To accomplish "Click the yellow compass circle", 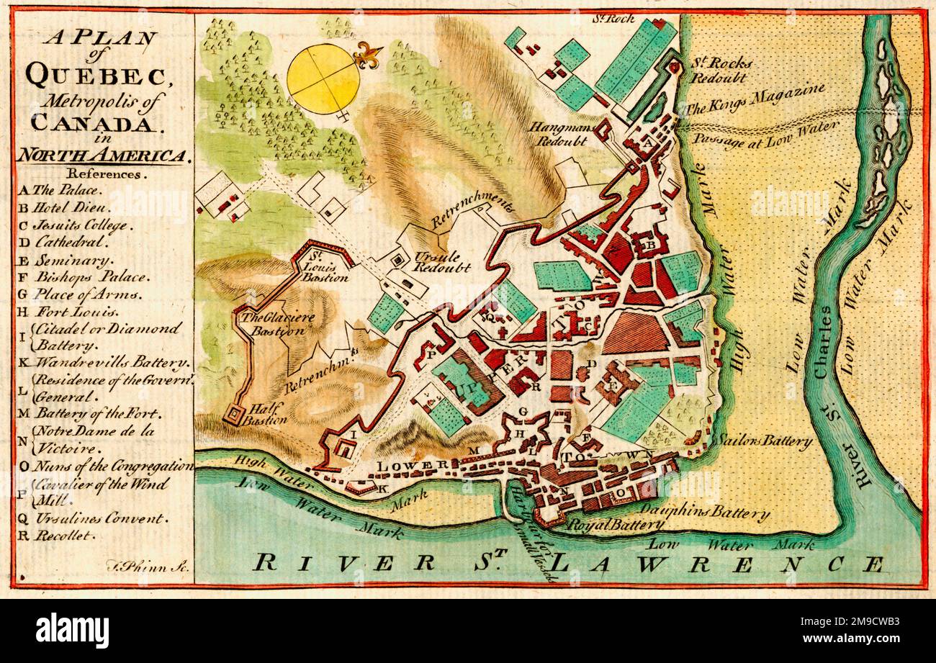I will pyautogui.click(x=323, y=78).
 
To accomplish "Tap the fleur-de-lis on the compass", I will pyautogui.click(x=368, y=55).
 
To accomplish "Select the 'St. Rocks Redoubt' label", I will pyautogui.click(x=718, y=70).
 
